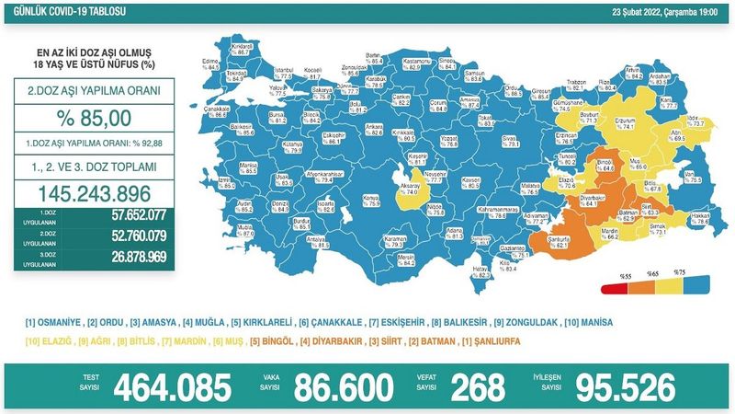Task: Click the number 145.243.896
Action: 95,194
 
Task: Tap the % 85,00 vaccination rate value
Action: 94,117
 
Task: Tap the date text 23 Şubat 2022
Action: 622,11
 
